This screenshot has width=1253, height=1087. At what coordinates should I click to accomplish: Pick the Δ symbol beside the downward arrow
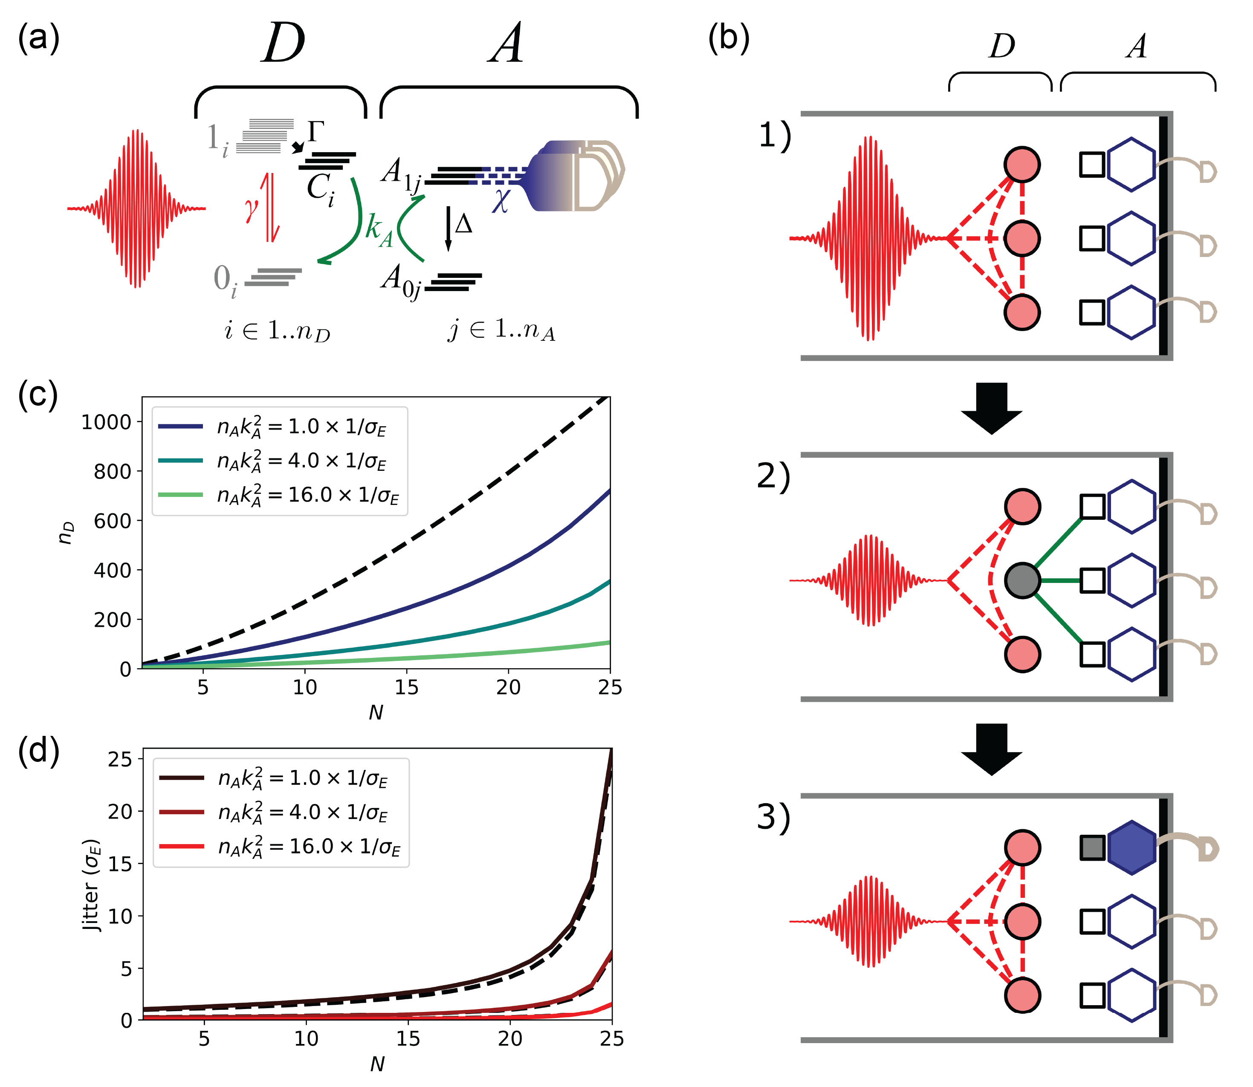click(x=463, y=225)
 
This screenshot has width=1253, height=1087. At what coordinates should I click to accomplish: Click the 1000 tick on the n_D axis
click(x=106, y=422)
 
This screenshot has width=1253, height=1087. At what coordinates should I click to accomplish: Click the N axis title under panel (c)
click(x=376, y=712)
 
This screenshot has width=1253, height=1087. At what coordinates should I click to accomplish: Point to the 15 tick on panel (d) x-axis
click(x=408, y=1038)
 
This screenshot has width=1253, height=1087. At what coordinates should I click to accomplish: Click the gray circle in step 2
click(x=1022, y=580)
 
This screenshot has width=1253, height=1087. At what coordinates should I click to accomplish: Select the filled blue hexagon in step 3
click(x=1131, y=848)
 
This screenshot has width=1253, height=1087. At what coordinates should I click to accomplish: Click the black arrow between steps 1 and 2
click(x=992, y=408)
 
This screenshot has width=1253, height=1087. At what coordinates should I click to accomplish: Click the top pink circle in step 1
click(x=1022, y=164)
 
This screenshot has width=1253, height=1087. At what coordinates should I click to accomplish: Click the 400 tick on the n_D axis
click(x=112, y=570)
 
